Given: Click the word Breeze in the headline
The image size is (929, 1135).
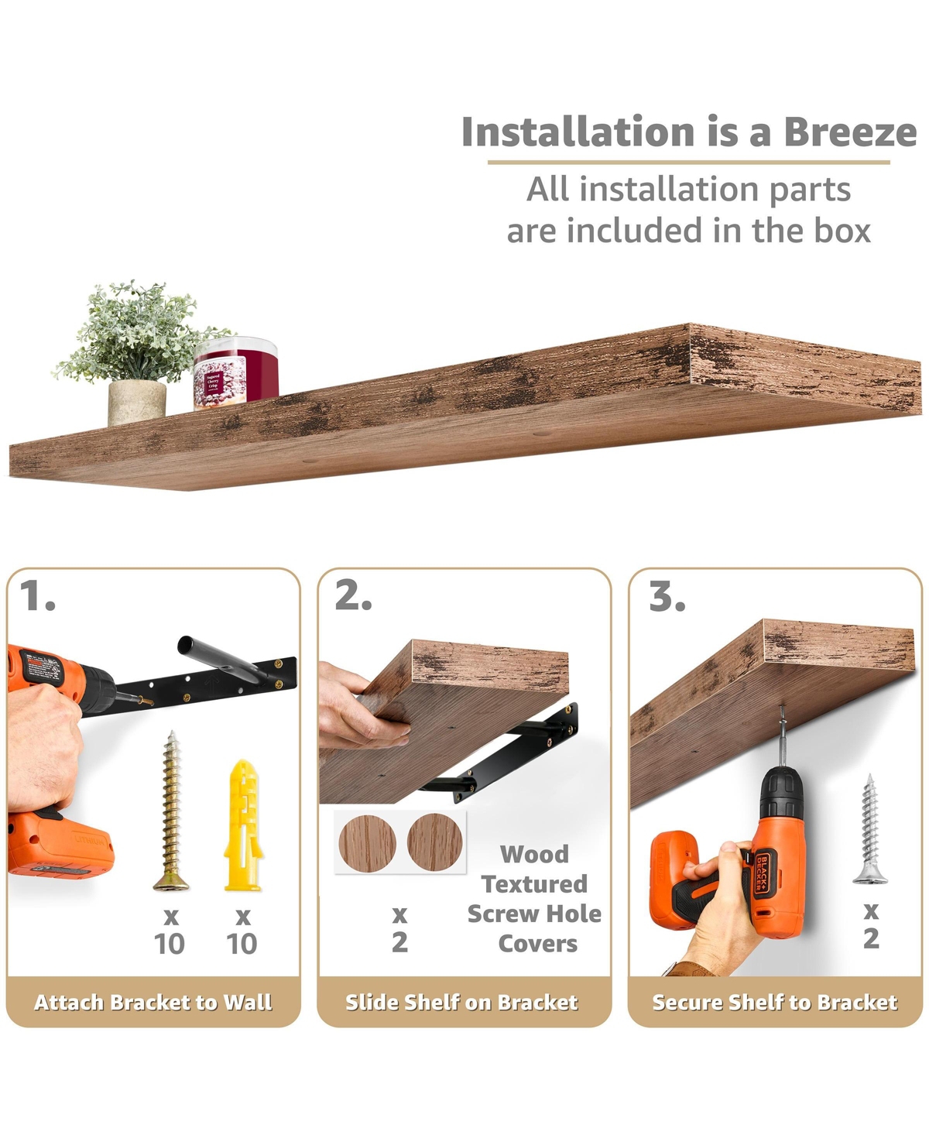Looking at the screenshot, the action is pos(850,132).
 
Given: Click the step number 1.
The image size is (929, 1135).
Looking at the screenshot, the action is pos(38,596).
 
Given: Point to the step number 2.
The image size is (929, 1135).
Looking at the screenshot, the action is pos(353,596).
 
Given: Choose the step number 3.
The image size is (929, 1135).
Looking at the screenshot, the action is pos(667,596).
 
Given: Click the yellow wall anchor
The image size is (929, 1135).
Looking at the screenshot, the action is pos(243,825).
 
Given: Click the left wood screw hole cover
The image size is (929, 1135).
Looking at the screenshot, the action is pos(367,843).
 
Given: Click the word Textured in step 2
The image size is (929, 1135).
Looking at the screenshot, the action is pos(534,884).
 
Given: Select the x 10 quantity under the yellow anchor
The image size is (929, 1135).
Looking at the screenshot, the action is pos(242,931).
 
